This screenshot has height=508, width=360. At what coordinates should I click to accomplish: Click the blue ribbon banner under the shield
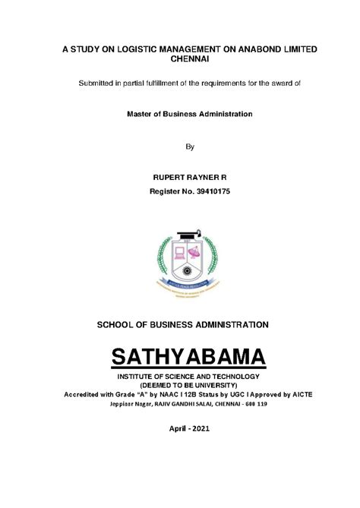click(x=181, y=282)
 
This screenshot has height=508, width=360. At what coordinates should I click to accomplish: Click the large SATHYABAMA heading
click(x=180, y=357)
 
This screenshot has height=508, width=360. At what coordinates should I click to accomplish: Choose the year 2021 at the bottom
click(x=192, y=429)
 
